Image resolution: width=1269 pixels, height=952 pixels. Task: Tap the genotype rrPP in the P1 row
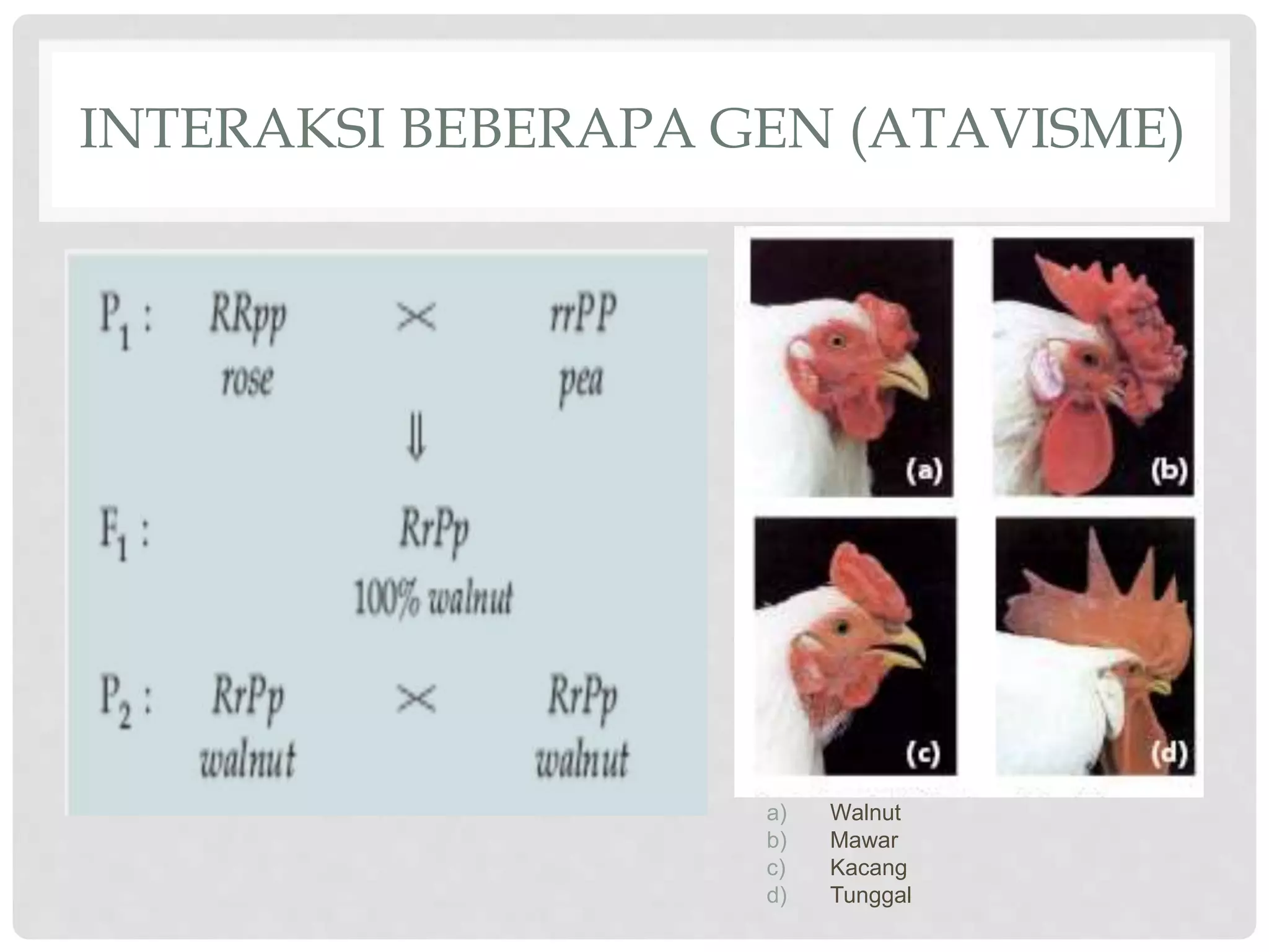tap(583, 314)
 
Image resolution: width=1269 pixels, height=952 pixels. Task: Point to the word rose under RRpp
tap(247, 379)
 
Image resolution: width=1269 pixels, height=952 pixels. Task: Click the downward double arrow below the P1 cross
tap(416, 438)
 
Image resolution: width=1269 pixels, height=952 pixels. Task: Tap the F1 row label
tap(124, 534)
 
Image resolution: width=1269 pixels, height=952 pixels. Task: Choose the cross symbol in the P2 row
tap(416, 699)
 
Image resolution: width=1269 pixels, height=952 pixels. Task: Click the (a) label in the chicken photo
tap(924, 471)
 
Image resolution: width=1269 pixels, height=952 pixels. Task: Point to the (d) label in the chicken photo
tap(1169, 754)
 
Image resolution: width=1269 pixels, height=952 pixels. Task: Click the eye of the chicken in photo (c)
tap(841, 628)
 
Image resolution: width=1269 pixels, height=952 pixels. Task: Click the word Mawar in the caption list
tap(864, 840)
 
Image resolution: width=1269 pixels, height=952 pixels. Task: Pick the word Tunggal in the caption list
tap(870, 895)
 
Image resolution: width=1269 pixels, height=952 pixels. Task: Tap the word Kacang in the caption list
tap(868, 867)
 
